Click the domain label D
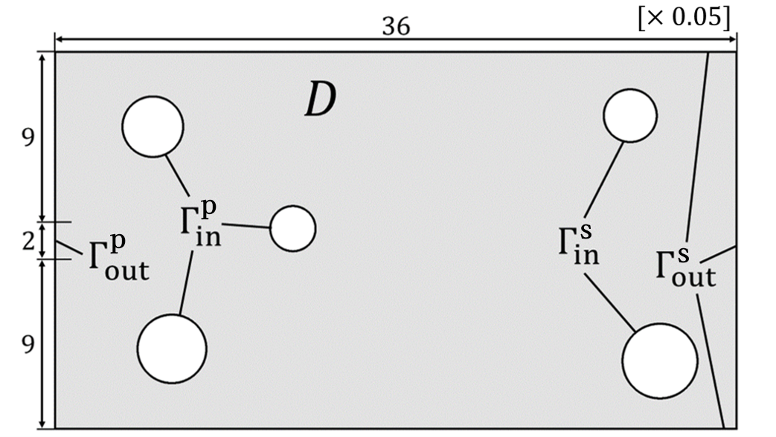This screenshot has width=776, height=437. tap(321, 100)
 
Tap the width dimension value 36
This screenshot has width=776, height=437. tap(396, 25)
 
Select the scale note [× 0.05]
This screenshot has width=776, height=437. tap(683, 16)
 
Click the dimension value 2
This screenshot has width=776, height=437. tap(27, 242)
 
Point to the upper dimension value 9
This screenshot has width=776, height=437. tap(27, 139)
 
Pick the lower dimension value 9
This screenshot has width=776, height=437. tap(27, 346)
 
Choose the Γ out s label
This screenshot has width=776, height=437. tap(685, 267)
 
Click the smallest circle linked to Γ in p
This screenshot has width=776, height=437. tap(292, 229)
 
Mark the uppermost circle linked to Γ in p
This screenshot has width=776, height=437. tap(153, 126)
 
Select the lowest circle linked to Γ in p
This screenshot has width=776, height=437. tap(172, 349)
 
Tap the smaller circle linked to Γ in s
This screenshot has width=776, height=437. tap(629, 115)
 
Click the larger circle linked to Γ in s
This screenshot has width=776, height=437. tap(660, 360)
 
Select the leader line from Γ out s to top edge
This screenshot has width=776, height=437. tap(696, 149)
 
